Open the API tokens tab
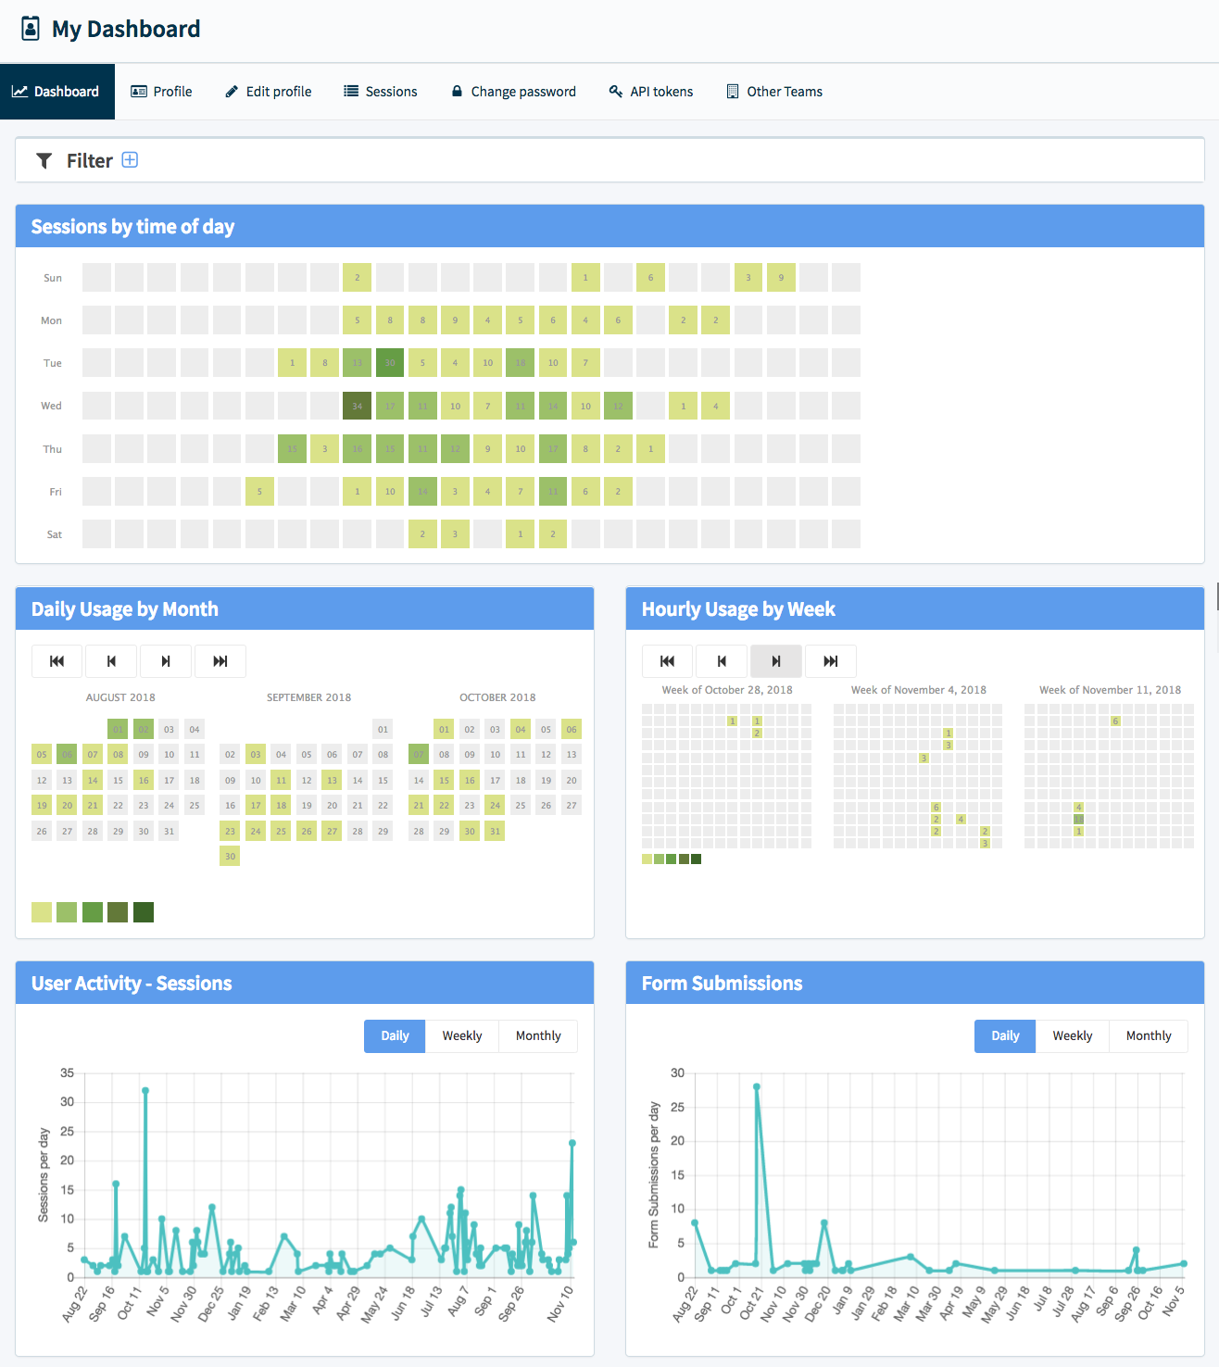[651, 92]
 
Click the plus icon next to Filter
[131, 160]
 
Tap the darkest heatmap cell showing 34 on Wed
[357, 406]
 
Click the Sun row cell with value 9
[781, 278]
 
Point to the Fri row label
[56, 492]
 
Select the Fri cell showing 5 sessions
[259, 492]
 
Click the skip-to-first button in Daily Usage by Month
[57, 661]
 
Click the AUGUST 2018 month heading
[120, 697]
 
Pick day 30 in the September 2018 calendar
[230, 857]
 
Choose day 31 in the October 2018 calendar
[495, 832]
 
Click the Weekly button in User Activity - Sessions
[461, 1036]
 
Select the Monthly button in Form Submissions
[1149, 1036]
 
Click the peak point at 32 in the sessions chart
[145, 1091]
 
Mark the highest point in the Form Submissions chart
[757, 1086]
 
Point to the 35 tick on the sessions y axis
[68, 1072]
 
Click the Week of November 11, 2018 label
[1110, 690]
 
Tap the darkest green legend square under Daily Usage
[144, 912]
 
